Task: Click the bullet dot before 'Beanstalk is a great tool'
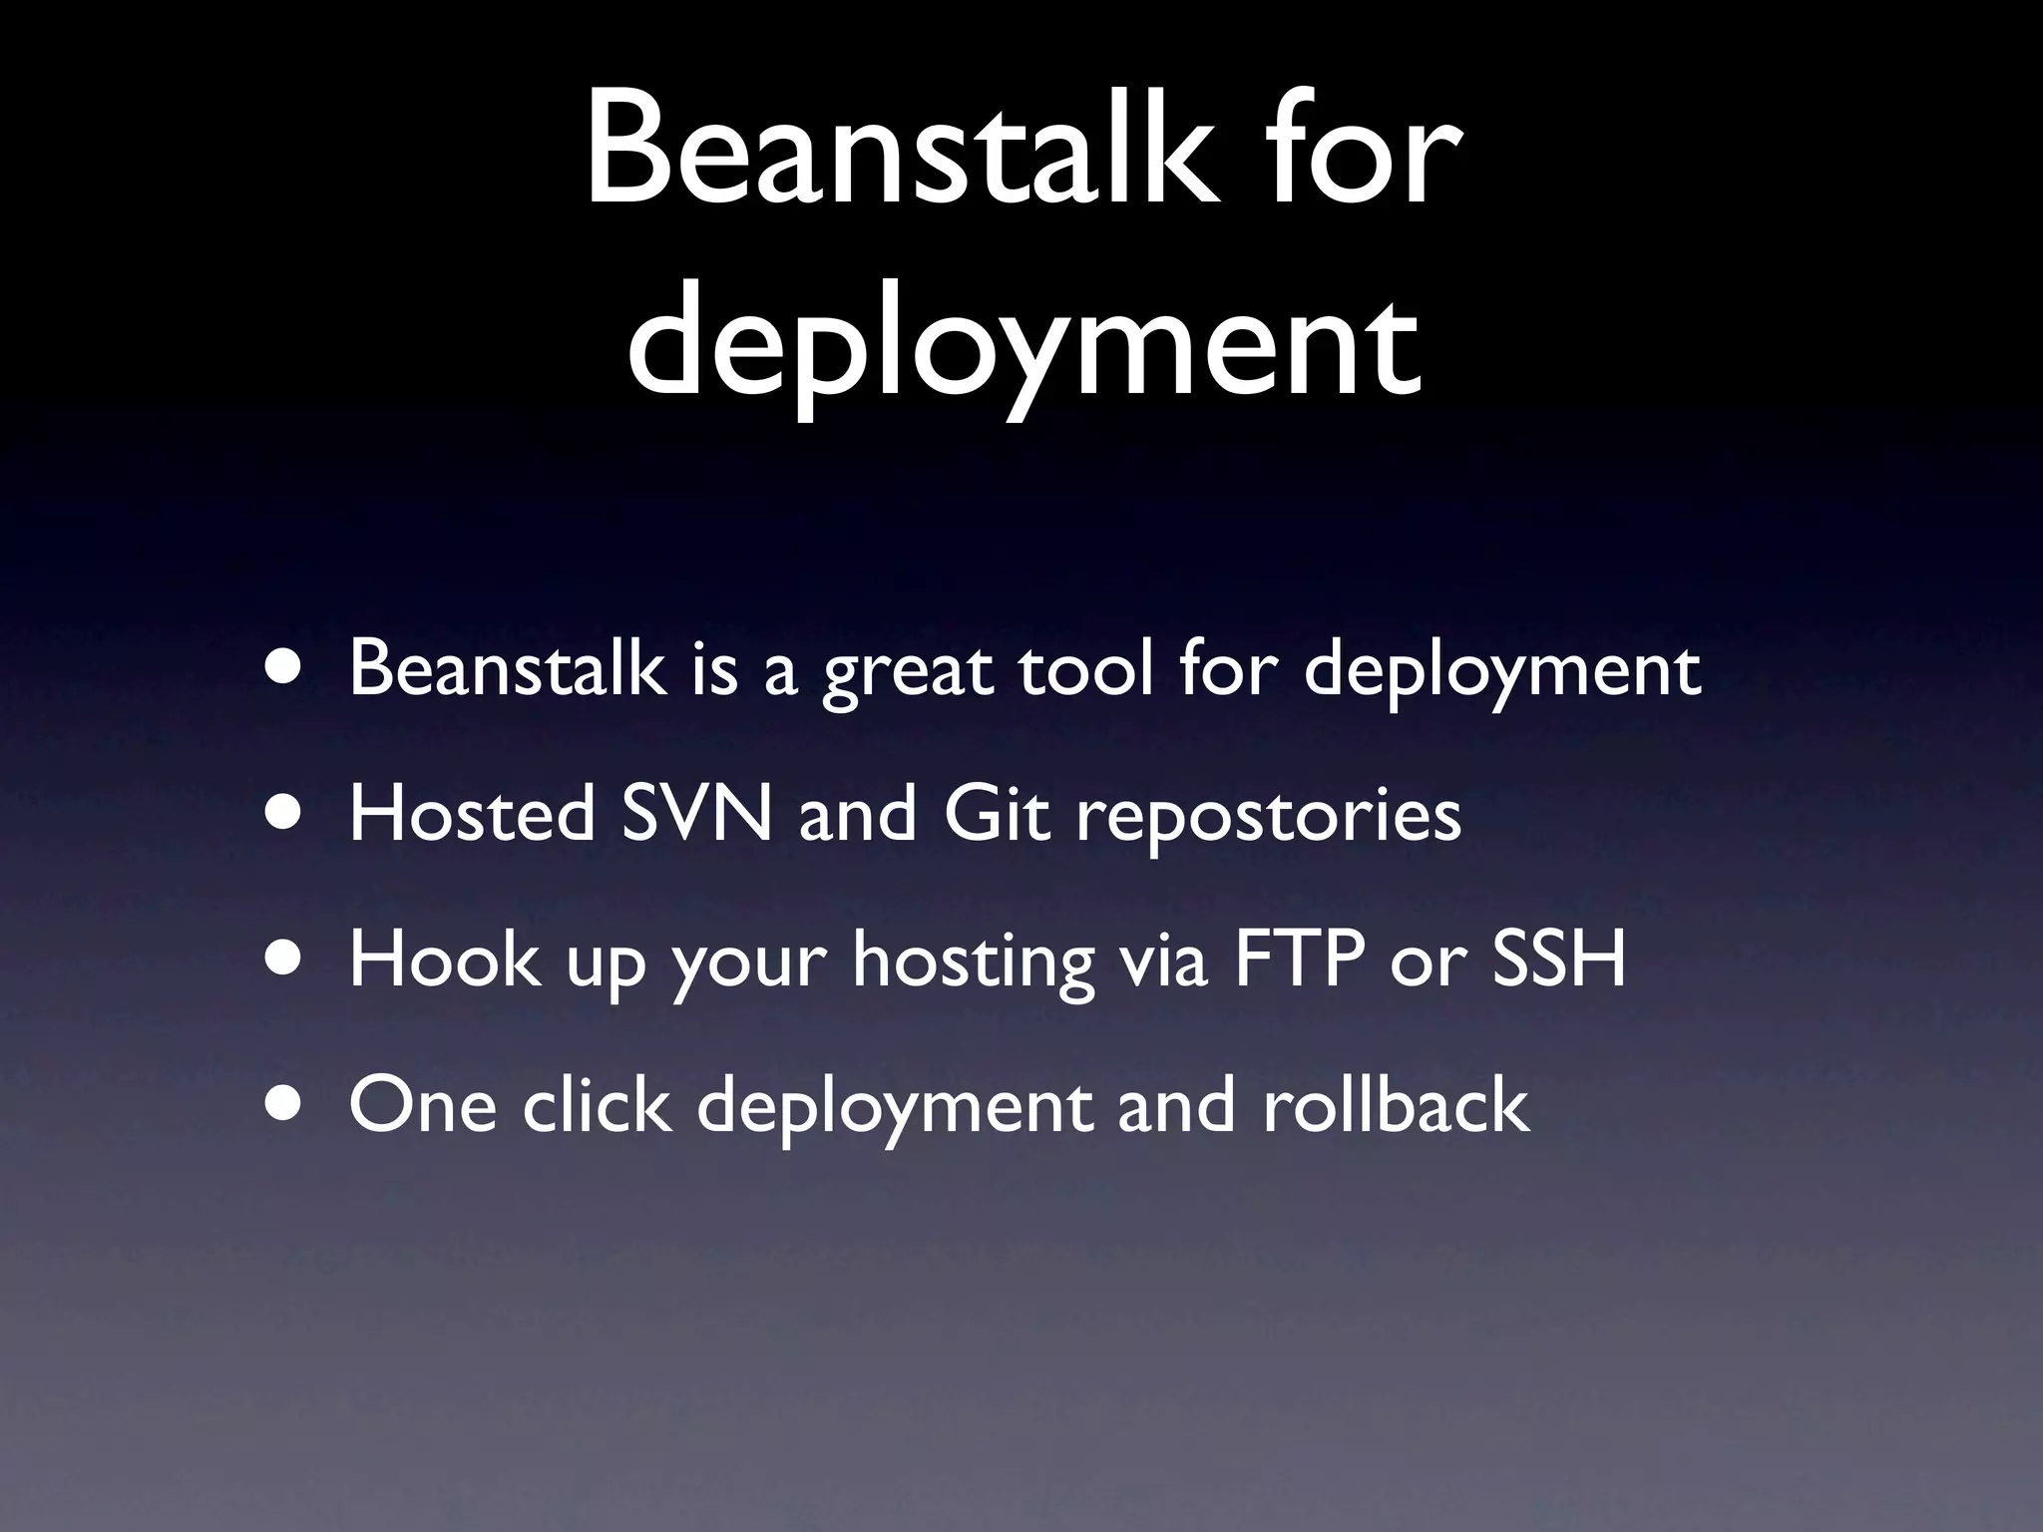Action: point(287,669)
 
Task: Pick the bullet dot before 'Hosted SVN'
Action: point(287,814)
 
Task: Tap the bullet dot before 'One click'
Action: point(287,1104)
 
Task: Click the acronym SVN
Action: point(696,814)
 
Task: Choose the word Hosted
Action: point(471,814)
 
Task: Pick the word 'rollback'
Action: point(1396,1104)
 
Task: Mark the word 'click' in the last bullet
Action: point(597,1104)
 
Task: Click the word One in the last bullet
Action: point(423,1104)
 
